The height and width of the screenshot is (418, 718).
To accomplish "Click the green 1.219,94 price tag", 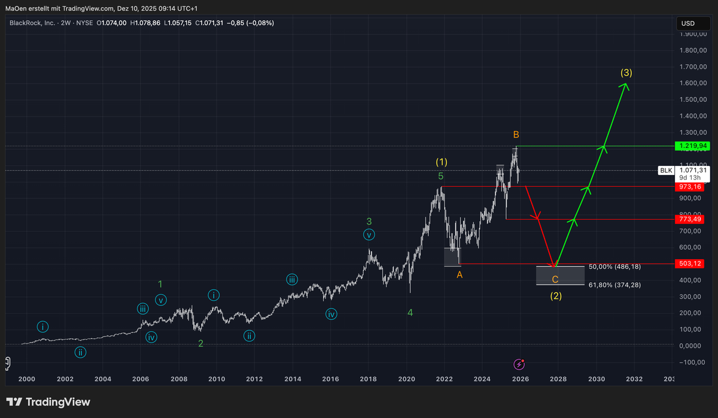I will pos(691,146).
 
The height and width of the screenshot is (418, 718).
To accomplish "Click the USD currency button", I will pos(688,23).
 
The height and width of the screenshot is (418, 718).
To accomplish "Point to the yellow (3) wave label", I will pos(626,73).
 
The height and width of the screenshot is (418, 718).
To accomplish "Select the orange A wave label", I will pos(460,274).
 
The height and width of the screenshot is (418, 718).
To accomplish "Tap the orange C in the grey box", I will pos(555,279).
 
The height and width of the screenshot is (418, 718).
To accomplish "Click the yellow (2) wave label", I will pos(556,296).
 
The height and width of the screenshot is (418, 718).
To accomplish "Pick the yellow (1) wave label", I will pos(442,162).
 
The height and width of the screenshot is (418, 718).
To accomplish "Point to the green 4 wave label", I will pos(410,312).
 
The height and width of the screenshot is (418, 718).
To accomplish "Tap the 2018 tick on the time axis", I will pos(368,378).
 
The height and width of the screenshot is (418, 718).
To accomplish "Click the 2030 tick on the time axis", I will pos(596,378).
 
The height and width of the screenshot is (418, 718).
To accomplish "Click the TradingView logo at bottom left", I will pos(48,402).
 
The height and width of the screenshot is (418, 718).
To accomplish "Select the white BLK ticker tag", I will pos(666,171).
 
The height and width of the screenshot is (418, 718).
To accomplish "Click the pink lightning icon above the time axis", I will pos(519,364).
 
